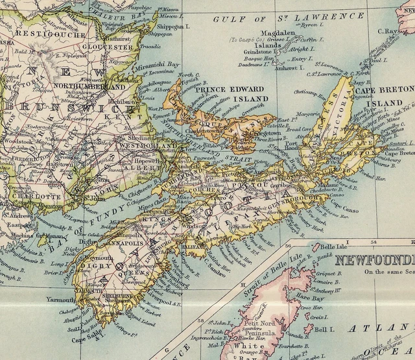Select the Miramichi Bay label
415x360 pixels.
tap(164, 65)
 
